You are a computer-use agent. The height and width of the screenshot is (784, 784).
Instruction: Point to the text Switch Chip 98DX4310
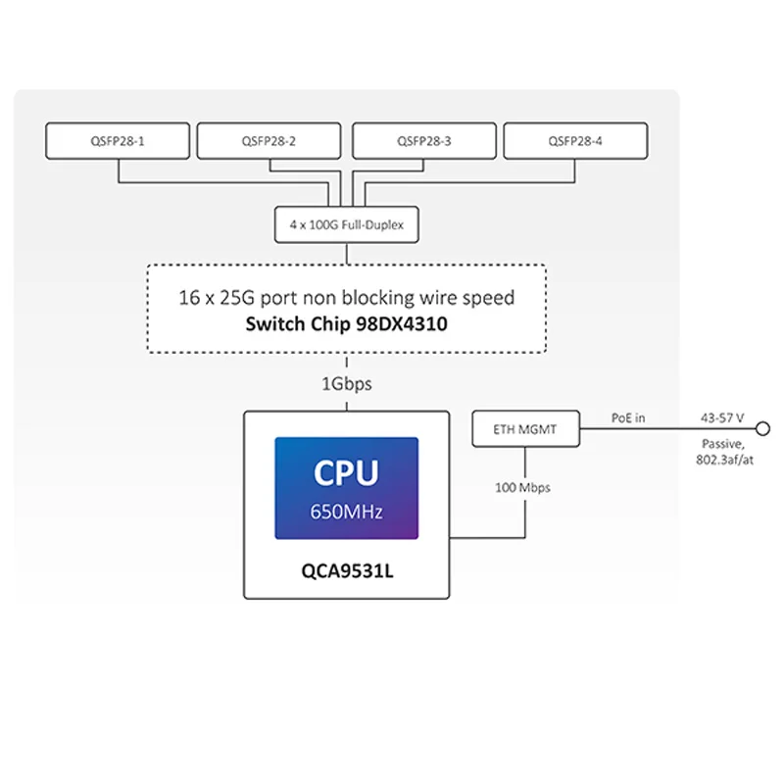347,324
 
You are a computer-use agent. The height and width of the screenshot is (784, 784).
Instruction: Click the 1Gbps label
347,384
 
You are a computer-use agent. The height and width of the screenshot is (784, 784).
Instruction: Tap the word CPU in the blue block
347,472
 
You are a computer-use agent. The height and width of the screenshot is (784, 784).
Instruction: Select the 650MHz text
347,512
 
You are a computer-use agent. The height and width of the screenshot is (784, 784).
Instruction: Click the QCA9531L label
347,570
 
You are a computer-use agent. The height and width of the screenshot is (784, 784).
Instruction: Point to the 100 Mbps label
522,487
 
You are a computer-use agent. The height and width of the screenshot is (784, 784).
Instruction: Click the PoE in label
628,418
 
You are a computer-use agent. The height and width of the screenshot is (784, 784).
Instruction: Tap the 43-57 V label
722,418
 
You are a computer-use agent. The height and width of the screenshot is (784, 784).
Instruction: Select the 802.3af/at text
724,460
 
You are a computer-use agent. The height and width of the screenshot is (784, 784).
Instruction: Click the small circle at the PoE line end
763,429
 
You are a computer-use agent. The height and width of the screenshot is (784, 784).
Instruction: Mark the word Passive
723,444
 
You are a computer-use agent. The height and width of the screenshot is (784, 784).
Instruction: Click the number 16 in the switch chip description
189,298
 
